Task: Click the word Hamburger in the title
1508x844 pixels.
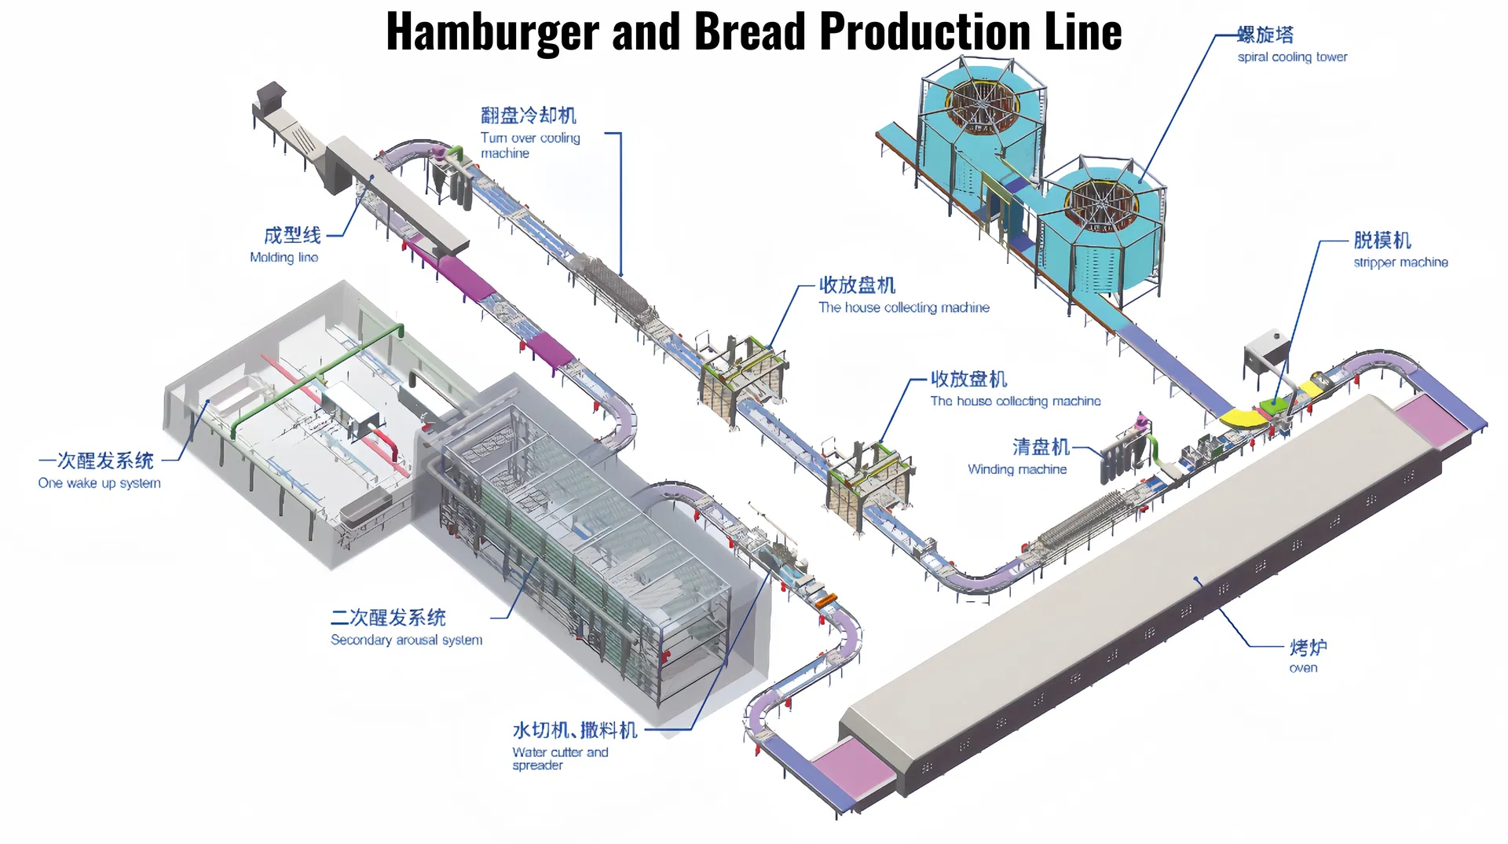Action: tap(492, 33)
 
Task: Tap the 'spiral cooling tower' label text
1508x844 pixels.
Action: tap(1292, 57)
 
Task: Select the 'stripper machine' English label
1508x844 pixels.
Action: tap(1400, 262)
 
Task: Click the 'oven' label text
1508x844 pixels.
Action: tap(1303, 668)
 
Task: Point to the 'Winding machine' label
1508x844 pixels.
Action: tap(1017, 469)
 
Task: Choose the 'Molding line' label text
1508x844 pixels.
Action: tap(284, 257)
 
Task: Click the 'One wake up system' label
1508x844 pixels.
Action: tap(99, 483)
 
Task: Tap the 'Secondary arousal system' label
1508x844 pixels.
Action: tap(406, 640)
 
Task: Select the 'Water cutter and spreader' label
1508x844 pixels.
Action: tap(559, 758)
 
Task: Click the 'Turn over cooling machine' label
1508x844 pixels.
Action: tap(530, 145)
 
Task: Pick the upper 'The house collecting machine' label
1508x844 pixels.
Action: tap(903, 307)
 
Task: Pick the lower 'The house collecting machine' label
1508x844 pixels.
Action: tap(1015, 401)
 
